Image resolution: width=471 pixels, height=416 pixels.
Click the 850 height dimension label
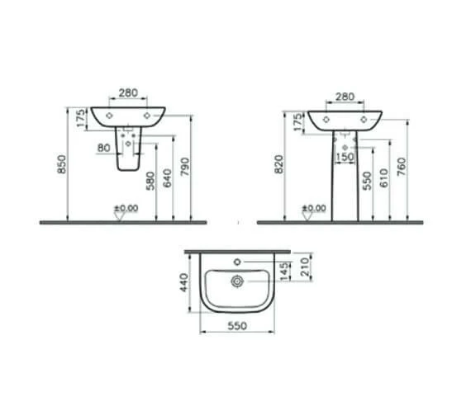[62, 164]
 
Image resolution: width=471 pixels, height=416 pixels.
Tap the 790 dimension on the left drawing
[186, 167]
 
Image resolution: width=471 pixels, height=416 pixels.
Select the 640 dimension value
[168, 178]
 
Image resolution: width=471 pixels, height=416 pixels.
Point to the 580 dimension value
[150, 181]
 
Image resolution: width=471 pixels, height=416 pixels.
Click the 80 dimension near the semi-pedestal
[104, 148]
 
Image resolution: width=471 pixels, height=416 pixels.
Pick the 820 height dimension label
[279, 164]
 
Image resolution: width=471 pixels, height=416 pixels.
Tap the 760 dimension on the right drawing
[402, 167]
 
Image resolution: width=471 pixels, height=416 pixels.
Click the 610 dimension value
[384, 178]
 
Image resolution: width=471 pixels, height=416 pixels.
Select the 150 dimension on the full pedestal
[345, 157]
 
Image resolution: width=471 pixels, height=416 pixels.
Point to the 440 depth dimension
[183, 282]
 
